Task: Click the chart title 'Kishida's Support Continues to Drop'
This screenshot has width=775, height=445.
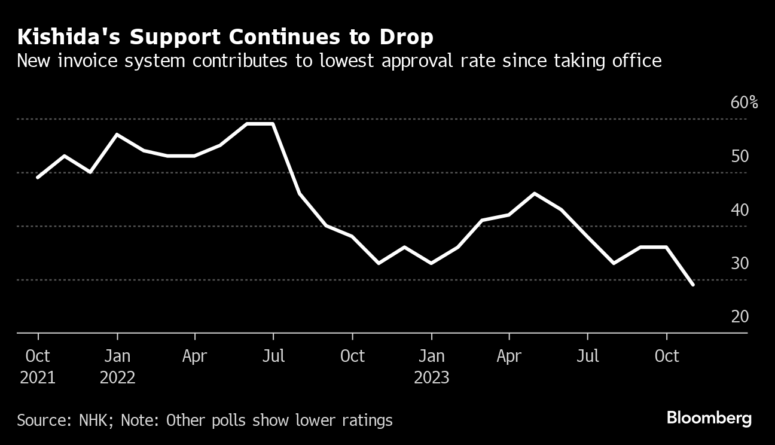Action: [x=225, y=38]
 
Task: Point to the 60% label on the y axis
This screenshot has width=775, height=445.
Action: [x=744, y=103]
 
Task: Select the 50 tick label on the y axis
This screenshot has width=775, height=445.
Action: [x=740, y=157]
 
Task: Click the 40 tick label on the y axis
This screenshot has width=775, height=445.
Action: [x=740, y=210]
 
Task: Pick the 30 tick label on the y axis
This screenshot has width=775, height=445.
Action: [x=740, y=263]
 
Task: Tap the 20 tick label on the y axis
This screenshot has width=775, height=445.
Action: [x=740, y=316]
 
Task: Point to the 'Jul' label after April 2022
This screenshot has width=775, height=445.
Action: [x=274, y=356]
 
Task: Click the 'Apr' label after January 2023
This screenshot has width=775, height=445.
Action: [x=509, y=356]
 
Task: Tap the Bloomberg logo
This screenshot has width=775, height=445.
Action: [x=709, y=418]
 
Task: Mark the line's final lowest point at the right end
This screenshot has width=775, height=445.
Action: [x=693, y=285]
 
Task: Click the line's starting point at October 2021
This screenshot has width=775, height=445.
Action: [x=38, y=178]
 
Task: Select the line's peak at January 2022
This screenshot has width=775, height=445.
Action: [x=117, y=135]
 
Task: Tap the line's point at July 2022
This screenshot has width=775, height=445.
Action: [x=273, y=124]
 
